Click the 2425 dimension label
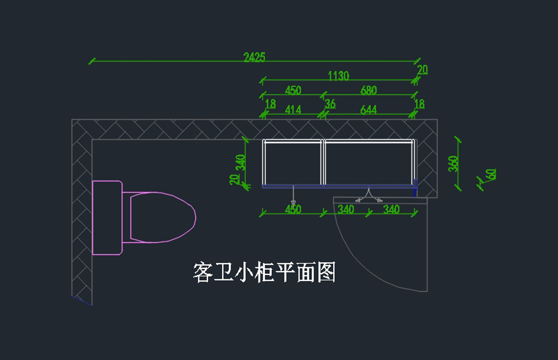[x=254, y=57]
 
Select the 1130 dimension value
[x=339, y=76]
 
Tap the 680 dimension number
[x=368, y=90]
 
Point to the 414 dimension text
[x=293, y=110]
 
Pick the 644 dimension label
[x=368, y=110]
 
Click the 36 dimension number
[x=330, y=104]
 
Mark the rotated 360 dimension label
[x=453, y=164]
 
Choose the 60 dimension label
[x=492, y=174]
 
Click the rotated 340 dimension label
[x=241, y=162]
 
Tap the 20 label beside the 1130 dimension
[x=423, y=70]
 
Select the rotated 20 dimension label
[x=234, y=180]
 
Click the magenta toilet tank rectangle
[x=107, y=218]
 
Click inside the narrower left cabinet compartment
[x=293, y=164]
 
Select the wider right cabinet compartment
[x=368, y=164]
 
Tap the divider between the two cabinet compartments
[x=323, y=162]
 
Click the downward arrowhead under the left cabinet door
[x=293, y=203]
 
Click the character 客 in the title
[x=203, y=272]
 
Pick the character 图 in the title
[x=326, y=272]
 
